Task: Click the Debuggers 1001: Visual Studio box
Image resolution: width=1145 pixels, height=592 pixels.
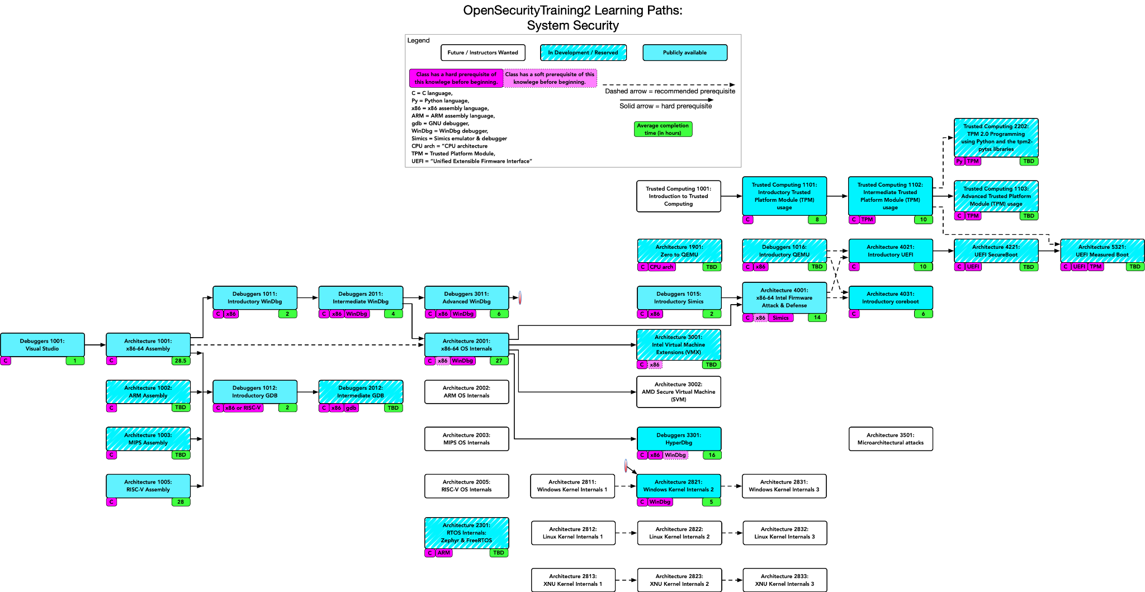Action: tap(42, 344)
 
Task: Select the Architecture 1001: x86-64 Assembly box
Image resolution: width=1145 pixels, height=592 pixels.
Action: tap(148, 344)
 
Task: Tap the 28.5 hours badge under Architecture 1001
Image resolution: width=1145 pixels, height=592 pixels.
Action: tap(181, 361)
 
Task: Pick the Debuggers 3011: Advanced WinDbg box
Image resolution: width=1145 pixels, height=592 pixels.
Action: tap(467, 297)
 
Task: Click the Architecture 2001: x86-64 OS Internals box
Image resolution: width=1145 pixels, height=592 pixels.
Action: tap(467, 344)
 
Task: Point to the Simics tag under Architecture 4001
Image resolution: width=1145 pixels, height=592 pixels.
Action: tap(780, 318)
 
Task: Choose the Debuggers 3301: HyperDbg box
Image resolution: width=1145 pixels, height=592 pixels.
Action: tap(679, 438)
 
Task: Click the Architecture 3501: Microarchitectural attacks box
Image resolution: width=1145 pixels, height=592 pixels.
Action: tap(891, 439)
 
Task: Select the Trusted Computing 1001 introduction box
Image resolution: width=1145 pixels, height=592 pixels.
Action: tap(679, 196)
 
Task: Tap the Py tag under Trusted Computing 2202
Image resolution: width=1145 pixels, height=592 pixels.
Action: tap(959, 161)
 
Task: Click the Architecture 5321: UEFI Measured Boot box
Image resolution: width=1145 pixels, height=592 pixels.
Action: tap(1103, 250)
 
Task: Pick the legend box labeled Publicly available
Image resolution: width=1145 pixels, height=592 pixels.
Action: tap(685, 53)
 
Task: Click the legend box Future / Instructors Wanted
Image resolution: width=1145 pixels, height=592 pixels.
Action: tap(483, 53)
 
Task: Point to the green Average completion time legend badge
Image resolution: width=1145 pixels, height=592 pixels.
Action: tap(663, 129)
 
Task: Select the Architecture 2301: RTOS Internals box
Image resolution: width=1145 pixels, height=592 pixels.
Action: tap(467, 533)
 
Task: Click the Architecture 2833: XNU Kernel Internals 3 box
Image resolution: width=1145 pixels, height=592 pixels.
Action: tap(785, 580)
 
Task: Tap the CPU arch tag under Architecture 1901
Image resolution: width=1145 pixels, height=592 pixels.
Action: tap(661, 267)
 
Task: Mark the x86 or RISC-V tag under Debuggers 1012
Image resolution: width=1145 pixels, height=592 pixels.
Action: tap(243, 408)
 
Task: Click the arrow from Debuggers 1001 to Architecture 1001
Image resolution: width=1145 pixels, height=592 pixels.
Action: tap(95, 344)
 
